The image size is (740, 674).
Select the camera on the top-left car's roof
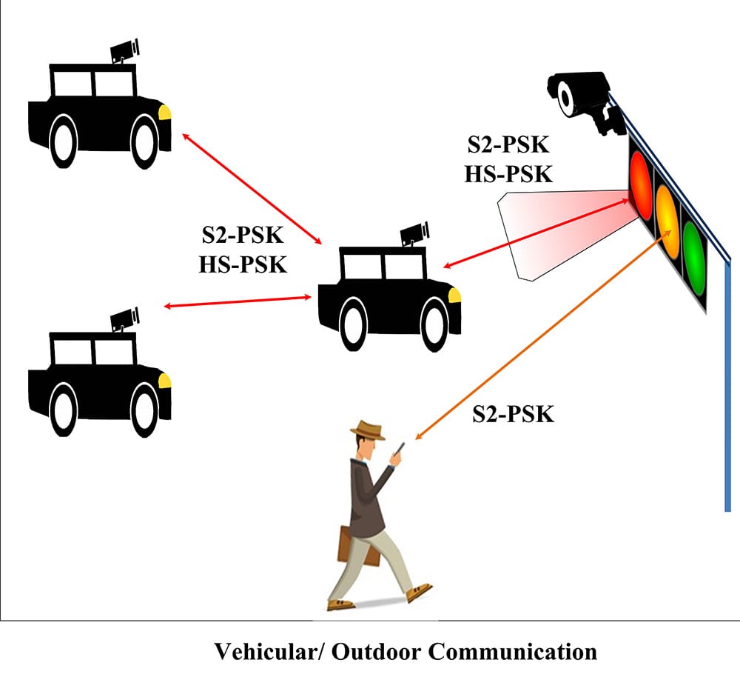124,50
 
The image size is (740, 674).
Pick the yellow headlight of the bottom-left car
165,381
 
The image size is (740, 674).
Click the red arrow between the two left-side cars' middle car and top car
252,187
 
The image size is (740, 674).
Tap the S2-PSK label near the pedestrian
513,413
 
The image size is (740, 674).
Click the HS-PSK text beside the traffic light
508,174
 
